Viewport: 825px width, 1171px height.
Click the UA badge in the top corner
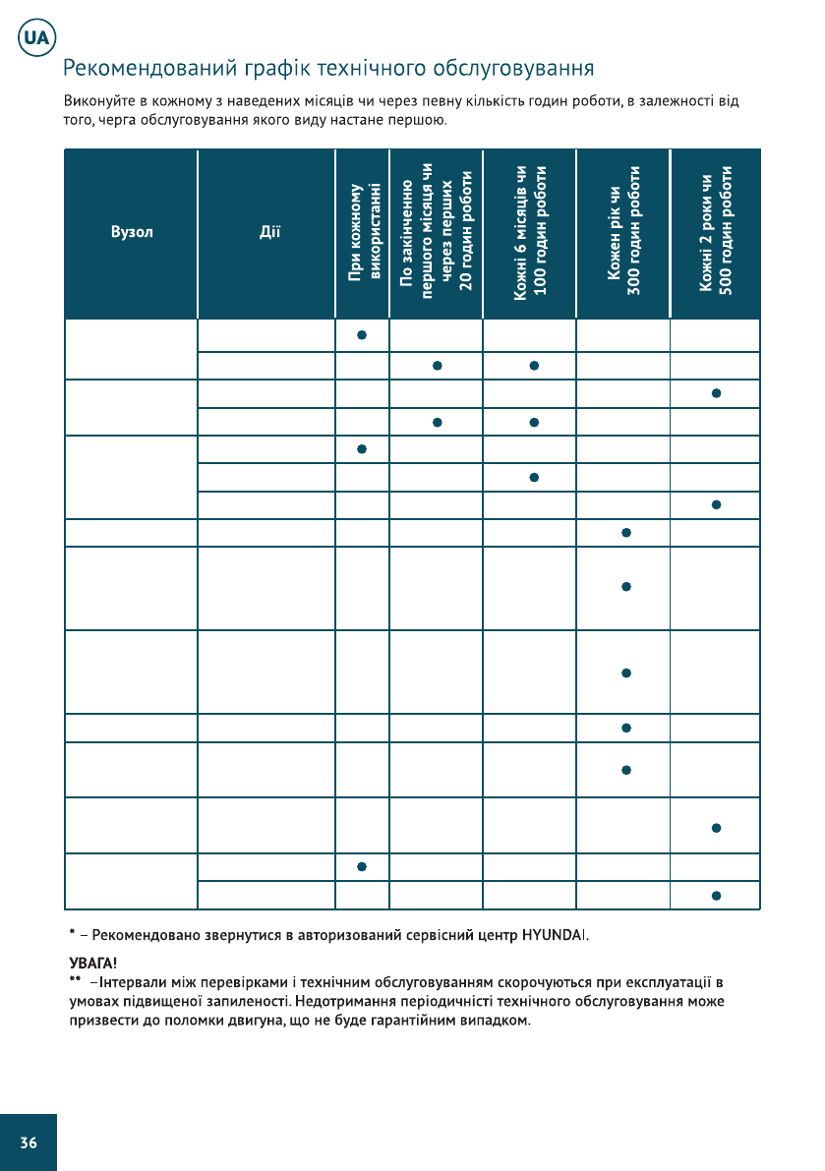36,40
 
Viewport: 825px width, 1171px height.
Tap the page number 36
29,1142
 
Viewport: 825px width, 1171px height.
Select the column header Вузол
132,234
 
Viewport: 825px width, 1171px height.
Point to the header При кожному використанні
364,234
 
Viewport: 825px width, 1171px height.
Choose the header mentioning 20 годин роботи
437,234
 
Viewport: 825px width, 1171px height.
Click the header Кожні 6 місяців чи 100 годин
531,234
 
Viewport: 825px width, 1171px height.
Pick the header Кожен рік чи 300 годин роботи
624,234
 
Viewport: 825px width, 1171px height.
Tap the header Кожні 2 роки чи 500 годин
717,234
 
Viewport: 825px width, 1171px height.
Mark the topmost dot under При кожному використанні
362,335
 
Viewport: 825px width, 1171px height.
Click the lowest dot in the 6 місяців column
532,477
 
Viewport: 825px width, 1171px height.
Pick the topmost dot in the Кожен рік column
625,533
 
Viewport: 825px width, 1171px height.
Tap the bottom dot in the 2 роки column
717,896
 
